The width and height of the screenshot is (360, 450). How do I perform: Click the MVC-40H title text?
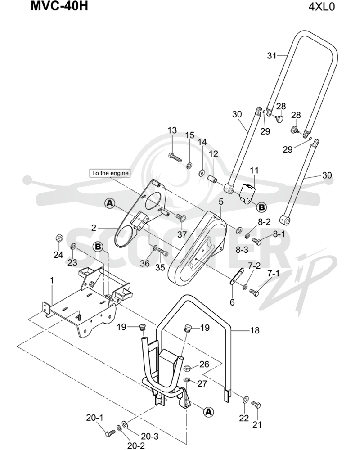click(59, 6)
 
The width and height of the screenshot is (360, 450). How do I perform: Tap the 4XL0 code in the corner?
click(322, 6)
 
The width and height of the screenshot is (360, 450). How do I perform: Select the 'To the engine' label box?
click(110, 173)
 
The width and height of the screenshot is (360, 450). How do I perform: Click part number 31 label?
click(272, 55)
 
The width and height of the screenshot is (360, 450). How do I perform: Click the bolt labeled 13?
click(175, 157)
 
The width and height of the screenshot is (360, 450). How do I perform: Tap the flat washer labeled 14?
click(201, 173)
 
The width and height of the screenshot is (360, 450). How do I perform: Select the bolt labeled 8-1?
click(256, 241)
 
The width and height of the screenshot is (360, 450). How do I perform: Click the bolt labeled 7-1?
click(254, 292)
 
